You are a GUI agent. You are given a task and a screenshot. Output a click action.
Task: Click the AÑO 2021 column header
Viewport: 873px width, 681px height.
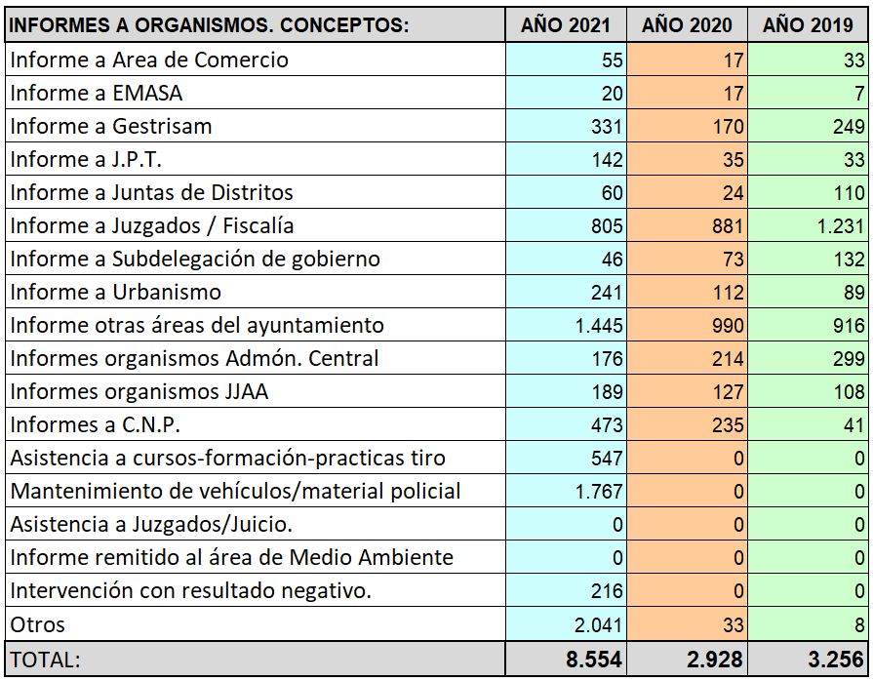565,25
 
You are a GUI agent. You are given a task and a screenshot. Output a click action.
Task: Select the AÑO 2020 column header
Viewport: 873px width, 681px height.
687,25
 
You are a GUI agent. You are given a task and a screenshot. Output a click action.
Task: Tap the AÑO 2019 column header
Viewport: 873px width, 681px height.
808,25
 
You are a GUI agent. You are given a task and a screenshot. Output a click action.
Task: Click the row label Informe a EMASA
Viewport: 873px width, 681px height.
97,93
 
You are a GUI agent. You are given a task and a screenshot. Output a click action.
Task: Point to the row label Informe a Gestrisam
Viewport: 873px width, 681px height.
111,127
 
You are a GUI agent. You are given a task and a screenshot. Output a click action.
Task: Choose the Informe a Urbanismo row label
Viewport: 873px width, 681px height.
116,292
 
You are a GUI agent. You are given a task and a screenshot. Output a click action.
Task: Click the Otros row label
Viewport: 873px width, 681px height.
37,624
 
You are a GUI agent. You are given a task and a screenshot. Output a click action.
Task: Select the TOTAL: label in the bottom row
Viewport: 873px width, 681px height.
45,660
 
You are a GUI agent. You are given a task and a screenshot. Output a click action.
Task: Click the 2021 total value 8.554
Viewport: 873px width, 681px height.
593,660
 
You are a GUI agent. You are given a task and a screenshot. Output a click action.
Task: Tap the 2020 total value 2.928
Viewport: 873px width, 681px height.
715,660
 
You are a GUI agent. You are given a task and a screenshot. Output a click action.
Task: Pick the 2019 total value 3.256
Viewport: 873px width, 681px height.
836,660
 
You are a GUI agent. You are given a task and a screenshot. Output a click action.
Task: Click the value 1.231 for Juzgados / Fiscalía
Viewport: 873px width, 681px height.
841,226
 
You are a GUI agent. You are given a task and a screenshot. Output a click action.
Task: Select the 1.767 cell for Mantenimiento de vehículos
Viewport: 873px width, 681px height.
599,491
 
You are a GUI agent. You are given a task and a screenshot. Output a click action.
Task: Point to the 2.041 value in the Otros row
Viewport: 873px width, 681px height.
598,624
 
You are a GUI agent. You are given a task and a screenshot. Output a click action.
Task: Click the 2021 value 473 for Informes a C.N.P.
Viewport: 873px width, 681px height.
607,424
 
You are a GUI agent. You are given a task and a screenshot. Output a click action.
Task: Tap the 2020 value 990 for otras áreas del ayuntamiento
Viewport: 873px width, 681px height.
728,325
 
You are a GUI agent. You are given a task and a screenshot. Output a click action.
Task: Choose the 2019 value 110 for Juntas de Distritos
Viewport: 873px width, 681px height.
849,192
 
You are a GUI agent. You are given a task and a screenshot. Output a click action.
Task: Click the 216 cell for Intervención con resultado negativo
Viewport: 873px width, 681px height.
607,591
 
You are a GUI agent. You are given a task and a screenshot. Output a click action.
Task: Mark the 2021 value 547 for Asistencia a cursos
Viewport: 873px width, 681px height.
607,458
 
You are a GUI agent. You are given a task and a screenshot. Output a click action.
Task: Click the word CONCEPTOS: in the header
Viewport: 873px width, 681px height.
344,25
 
